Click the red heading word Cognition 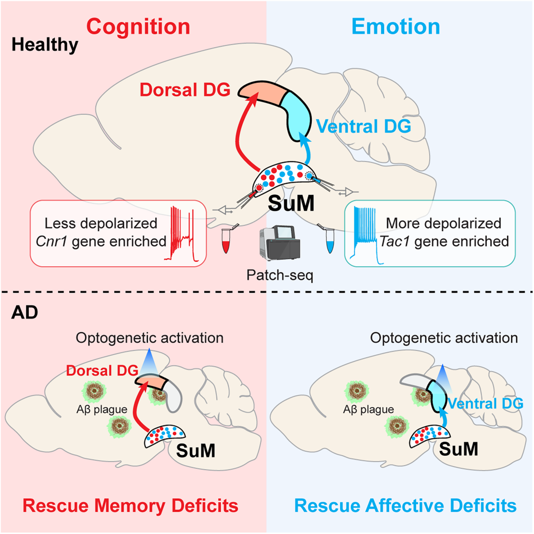coord(139,26)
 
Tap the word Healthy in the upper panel coord(45,45)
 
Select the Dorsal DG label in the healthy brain coord(185,90)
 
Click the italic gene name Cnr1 coord(51,241)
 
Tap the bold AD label coord(24,313)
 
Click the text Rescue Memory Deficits coord(130,505)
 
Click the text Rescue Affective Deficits coord(405,505)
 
